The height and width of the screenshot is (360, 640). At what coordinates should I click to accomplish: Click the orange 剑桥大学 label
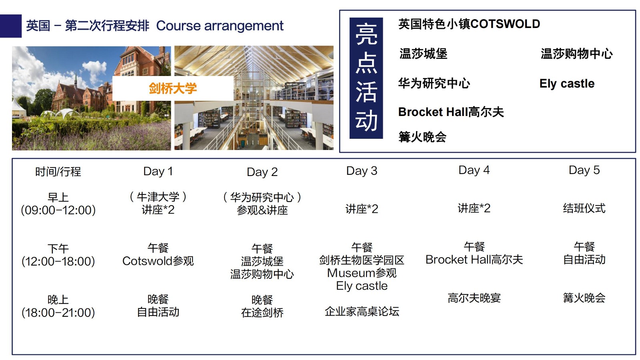coord(172,88)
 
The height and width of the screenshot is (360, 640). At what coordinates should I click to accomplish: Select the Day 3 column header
coord(362,171)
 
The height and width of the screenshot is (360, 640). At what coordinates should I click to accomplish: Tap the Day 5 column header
coord(584,170)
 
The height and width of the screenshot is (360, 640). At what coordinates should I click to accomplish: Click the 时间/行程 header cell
coord(58,172)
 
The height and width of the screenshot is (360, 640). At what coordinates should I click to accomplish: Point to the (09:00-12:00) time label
coord(58,210)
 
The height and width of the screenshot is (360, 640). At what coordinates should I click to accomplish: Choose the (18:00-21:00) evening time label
coord(58,312)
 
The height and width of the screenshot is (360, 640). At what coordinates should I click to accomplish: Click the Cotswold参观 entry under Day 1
coord(158,261)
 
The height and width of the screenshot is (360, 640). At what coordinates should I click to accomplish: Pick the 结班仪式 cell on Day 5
coord(584,208)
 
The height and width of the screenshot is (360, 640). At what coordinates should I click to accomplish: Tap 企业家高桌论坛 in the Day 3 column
coord(362,312)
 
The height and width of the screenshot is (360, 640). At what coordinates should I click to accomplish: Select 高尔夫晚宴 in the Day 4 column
coord(474,298)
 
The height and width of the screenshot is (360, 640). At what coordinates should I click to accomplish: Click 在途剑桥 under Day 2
coord(262,312)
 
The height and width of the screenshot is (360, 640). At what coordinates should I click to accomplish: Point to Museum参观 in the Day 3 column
coord(362,273)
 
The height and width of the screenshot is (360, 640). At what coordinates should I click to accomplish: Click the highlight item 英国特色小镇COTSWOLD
coord(469,24)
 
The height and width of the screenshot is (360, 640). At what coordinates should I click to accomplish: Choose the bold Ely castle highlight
coord(567,84)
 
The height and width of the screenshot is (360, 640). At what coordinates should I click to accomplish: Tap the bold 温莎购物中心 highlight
coord(576,54)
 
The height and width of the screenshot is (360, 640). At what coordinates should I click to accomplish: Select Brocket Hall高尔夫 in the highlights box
coord(451,112)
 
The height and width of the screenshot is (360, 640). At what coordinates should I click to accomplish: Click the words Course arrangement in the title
coord(220,26)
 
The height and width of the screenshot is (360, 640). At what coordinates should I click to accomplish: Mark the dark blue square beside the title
coord(10,26)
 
